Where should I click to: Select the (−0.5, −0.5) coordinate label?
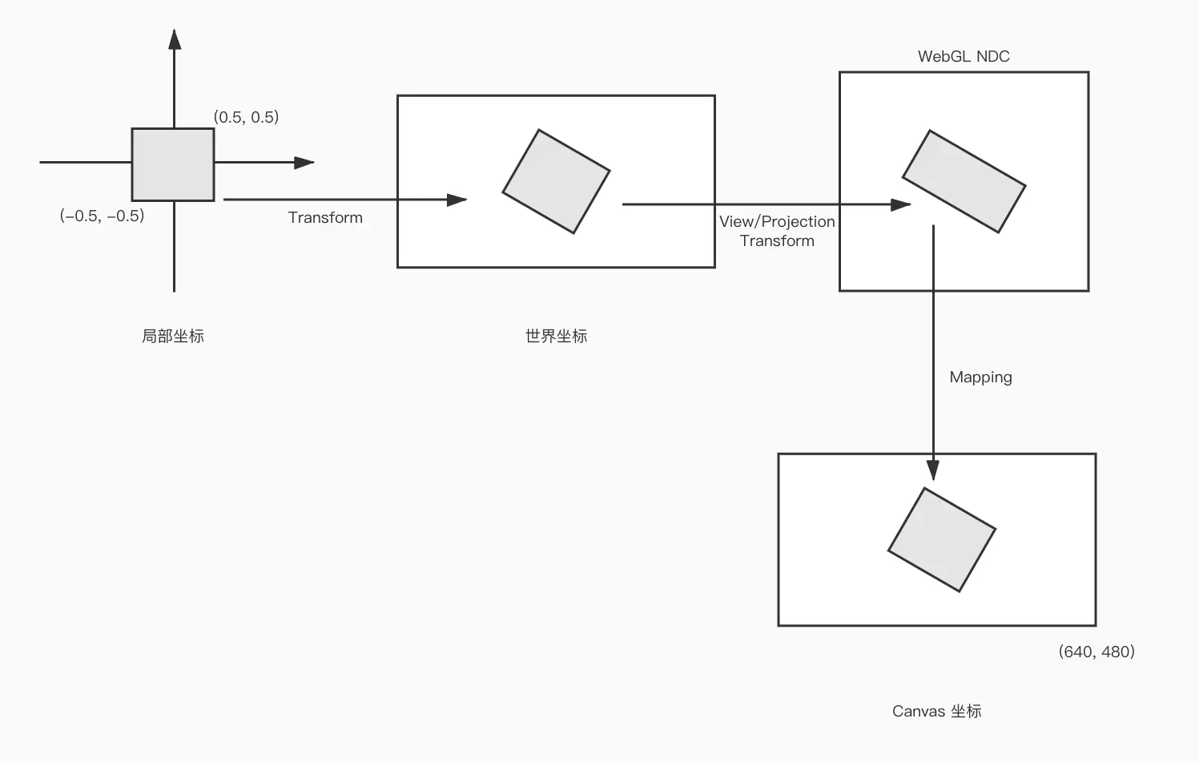coord(102,216)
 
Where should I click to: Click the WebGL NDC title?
coord(964,56)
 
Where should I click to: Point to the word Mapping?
coord(980,377)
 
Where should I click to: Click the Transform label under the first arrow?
coord(325,217)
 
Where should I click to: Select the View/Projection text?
coord(777,221)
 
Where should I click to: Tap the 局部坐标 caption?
coord(173,336)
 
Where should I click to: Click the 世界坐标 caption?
coord(556,336)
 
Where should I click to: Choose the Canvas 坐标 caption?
coord(936,711)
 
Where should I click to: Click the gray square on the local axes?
coord(173,164)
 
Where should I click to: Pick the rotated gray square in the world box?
coord(556,182)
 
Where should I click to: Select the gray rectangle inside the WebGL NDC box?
coord(964,181)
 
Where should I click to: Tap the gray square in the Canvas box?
coord(941,539)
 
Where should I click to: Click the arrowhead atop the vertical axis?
coord(175,39)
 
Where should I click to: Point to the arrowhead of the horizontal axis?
coord(304,163)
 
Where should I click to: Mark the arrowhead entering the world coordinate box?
coord(457,200)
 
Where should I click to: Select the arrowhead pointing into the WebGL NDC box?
coord(900,204)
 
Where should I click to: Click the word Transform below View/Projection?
coord(777,240)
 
